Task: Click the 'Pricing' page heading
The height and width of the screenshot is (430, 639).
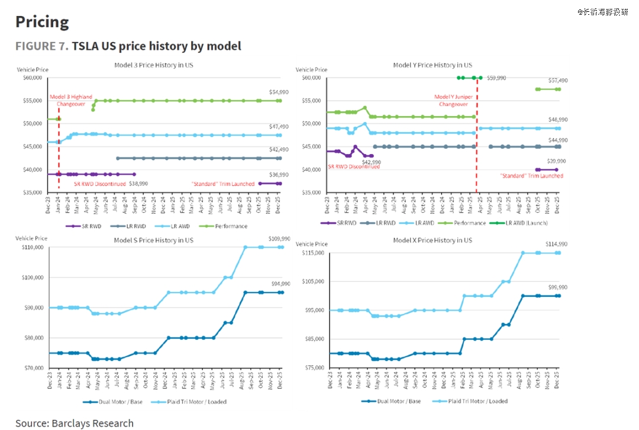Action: point(42,22)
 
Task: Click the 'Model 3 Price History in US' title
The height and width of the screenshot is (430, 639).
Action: point(153,65)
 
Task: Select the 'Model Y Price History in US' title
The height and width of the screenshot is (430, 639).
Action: point(433,65)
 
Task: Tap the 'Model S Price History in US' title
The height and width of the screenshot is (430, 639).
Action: point(153,240)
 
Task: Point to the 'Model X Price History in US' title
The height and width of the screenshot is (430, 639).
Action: point(433,240)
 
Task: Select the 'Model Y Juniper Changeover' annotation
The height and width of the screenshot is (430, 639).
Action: point(453,100)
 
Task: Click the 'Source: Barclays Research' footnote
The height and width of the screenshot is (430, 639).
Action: point(75,423)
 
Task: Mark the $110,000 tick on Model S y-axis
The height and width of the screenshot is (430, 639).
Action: point(30,247)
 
